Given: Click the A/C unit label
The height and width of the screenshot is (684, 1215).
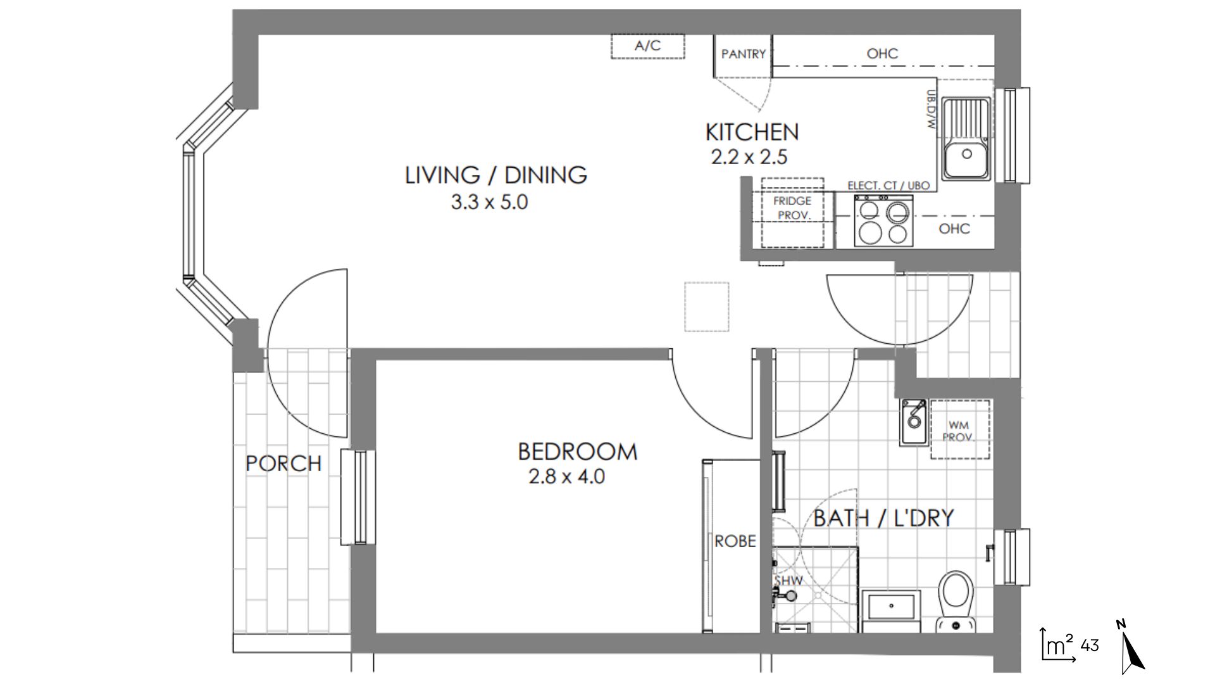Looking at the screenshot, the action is (647, 46).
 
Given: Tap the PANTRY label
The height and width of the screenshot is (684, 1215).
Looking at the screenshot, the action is (744, 54).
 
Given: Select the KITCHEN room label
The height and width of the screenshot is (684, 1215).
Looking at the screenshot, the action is (752, 132).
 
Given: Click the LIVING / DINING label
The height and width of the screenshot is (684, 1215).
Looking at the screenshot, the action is (496, 175).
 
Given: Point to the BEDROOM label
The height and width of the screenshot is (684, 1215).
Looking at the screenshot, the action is (578, 452).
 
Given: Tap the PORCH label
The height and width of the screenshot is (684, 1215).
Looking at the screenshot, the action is (283, 464).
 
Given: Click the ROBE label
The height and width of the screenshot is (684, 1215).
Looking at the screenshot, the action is (735, 541).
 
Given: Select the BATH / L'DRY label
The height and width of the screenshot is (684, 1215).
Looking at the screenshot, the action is (883, 518).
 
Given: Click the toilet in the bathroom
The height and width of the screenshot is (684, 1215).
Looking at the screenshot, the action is (956, 602).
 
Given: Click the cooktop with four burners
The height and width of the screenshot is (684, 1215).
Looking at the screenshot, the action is (883, 220).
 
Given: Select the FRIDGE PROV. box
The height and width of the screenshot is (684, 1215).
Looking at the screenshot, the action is (793, 213).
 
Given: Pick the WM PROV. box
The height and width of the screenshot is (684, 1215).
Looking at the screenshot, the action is (960, 430).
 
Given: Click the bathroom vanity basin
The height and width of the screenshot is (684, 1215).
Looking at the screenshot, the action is (892, 607).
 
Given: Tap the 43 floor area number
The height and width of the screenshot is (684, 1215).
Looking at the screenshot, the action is (1090, 645).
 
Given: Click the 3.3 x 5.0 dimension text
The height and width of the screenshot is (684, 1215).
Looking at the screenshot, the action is (489, 203).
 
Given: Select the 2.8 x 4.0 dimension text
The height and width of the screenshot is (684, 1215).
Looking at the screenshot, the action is (566, 476).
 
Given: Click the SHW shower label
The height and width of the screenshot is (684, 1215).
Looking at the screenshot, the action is (788, 580).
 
